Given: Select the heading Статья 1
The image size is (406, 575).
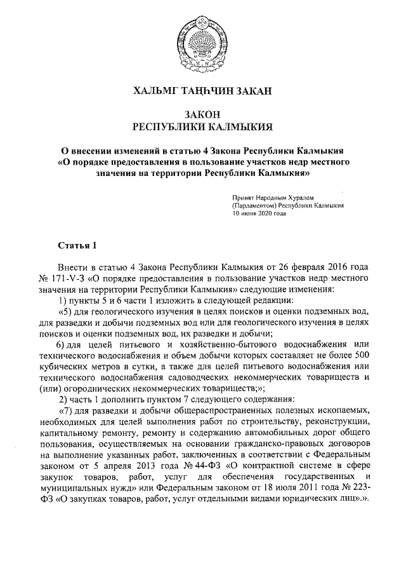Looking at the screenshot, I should [77, 245].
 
